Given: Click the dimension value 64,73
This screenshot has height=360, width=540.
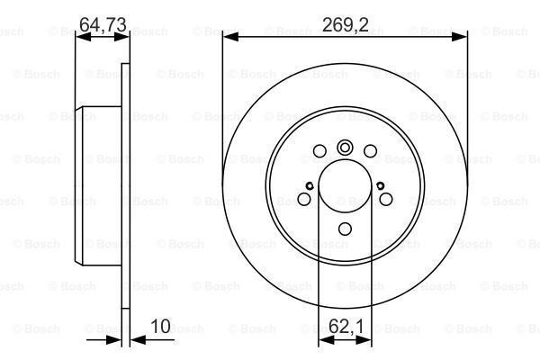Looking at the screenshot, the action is point(103,25).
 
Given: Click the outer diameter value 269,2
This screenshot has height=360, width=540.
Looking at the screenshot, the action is point(345,25).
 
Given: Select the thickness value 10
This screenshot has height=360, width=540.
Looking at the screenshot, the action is point(160,326).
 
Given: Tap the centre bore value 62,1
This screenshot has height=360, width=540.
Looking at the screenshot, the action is point(346,326).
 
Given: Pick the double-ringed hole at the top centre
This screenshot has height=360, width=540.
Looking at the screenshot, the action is point(345,148).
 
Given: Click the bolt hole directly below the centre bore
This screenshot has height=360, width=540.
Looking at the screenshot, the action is point(345,229).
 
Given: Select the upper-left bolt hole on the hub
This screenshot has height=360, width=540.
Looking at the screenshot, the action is point(319,151).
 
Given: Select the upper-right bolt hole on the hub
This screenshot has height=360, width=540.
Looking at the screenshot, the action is point(370,151).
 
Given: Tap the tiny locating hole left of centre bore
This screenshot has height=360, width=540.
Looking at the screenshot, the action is point(310,186).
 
